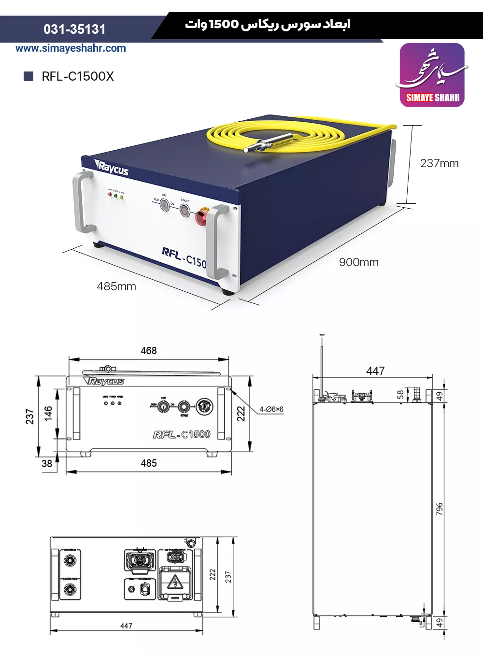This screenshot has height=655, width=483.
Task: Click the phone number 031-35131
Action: point(74,29)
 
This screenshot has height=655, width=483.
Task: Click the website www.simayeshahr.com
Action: point(71,48)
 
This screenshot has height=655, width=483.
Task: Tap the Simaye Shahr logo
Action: point(432,75)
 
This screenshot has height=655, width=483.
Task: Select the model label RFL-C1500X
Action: point(77,76)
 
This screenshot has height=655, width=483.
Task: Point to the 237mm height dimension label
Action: point(439,163)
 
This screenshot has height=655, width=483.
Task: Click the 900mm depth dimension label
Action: point(358,262)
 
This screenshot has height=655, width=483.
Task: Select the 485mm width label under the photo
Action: point(116,286)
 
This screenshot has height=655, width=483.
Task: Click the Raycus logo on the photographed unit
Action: point(112,169)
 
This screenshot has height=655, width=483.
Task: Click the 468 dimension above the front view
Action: point(149,351)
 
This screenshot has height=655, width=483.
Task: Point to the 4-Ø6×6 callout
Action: point(271,410)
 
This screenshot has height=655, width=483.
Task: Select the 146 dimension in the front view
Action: point(48,413)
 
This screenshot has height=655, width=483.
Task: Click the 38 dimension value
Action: point(47,464)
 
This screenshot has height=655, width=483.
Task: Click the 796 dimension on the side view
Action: point(440,509)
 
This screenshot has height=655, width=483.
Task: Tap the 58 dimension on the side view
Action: point(400,395)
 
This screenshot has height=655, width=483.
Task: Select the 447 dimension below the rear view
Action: point(126,626)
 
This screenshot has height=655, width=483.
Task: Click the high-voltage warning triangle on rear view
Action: point(174,583)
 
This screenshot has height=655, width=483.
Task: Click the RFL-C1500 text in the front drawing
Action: point(182,435)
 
